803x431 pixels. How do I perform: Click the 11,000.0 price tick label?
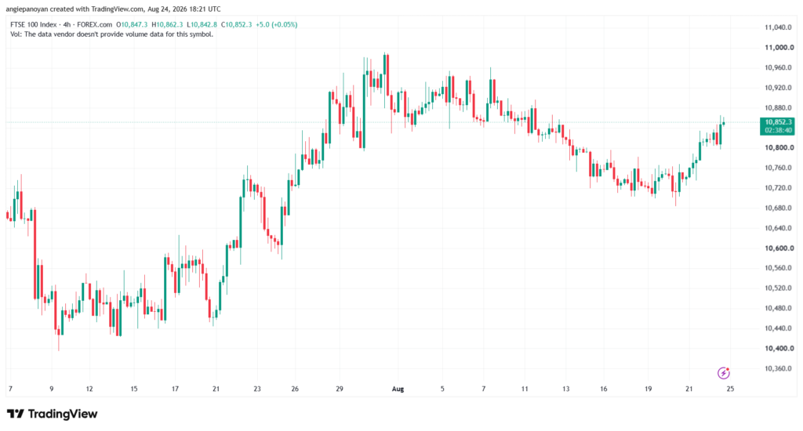click(x=779, y=48)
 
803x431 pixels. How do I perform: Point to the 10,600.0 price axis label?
click(x=779, y=248)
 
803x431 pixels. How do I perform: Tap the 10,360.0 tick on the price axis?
click(x=779, y=368)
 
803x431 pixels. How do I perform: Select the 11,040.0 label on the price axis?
click(x=779, y=27)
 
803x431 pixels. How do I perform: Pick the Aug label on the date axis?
click(x=398, y=389)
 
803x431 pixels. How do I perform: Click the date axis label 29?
click(x=340, y=389)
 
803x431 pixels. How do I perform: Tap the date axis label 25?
click(x=730, y=389)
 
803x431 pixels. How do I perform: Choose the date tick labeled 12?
click(x=89, y=389)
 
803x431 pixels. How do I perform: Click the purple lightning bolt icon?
click(x=723, y=373)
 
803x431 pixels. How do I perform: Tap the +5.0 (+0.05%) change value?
click(x=277, y=24)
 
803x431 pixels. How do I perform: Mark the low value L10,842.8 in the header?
click(x=202, y=24)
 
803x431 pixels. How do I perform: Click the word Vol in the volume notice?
click(x=16, y=34)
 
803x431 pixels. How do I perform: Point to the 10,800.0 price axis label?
click(x=779, y=148)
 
